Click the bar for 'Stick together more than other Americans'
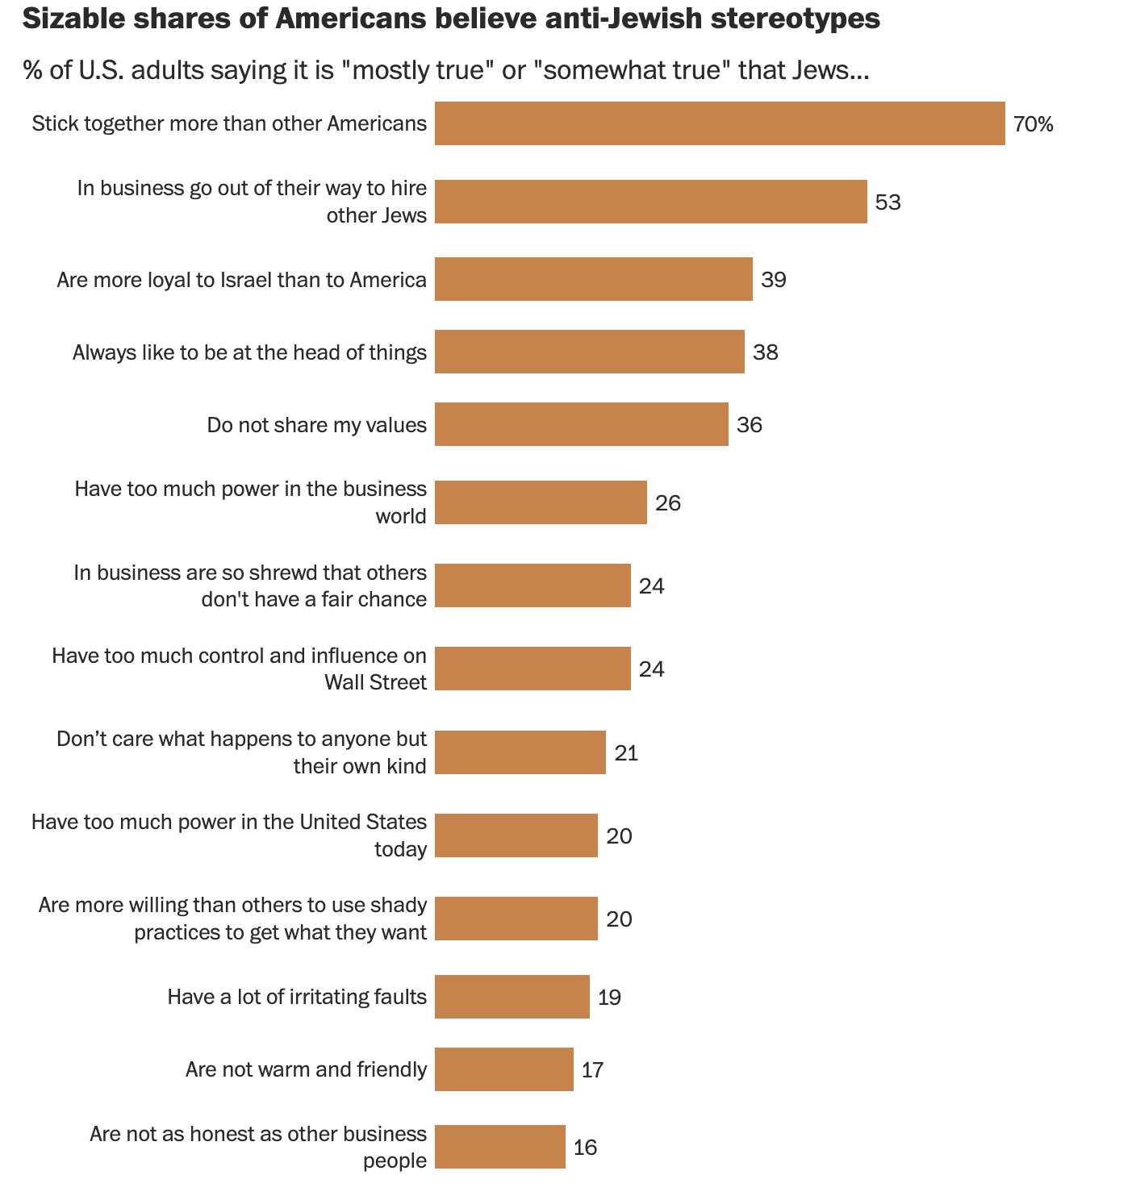tap(720, 123)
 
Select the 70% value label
tap(1034, 124)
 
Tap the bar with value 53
tap(650, 202)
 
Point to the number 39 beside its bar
tap(773, 280)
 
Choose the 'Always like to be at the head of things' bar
tap(589, 352)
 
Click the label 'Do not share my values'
tap(316, 425)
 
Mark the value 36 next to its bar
tap(749, 425)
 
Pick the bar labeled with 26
tap(541, 502)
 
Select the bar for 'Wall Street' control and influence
tap(532, 669)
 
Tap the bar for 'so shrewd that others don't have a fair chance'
tap(532, 585)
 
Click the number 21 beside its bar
tap(626, 753)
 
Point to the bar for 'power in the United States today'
tap(516, 835)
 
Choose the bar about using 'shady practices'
tap(516, 919)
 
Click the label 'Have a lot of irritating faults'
tap(297, 998)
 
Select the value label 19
tap(609, 998)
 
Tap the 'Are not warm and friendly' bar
tap(504, 1069)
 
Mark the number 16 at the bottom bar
tap(585, 1148)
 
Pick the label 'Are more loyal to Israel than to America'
tap(241, 280)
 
